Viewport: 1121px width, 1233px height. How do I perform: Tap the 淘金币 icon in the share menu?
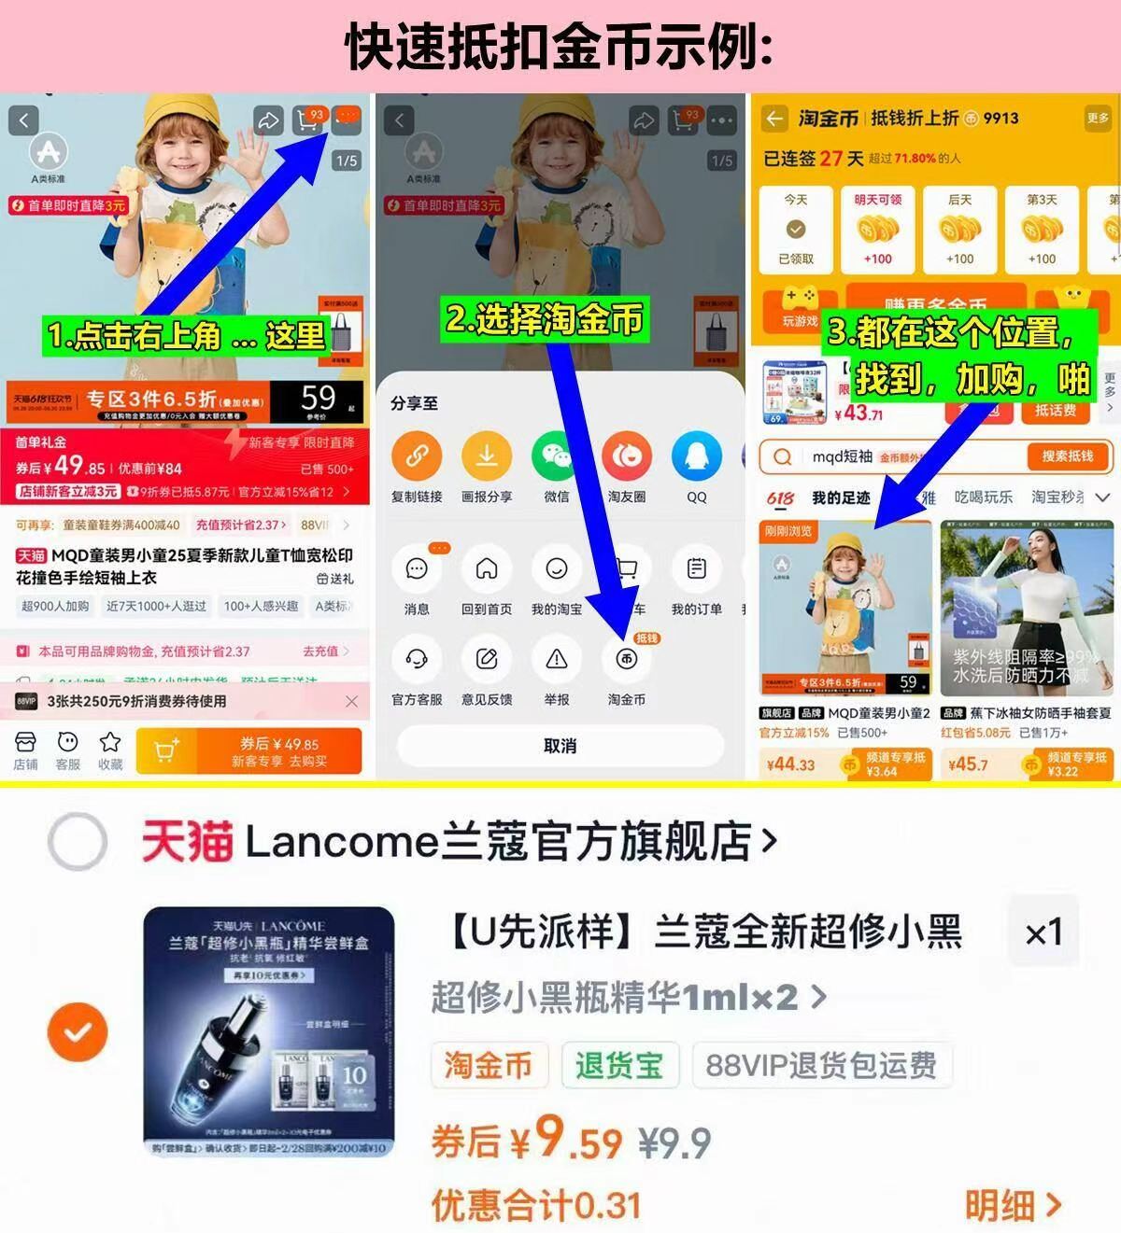[626, 660]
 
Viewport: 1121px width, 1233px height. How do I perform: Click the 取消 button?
[560, 746]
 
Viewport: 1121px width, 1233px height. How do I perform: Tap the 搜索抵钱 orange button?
[1067, 456]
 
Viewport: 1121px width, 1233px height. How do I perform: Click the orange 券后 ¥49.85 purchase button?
[249, 751]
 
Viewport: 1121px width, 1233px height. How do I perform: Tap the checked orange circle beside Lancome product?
[78, 1032]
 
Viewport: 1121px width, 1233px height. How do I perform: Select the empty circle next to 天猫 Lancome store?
[78, 842]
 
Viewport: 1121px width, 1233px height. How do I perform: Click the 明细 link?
[1013, 1205]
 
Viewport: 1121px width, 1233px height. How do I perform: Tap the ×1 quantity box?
[1043, 932]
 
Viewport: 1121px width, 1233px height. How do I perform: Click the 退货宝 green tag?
[618, 1065]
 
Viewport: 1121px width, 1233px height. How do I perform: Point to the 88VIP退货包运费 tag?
[821, 1065]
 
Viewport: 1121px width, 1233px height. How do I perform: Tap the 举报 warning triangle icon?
[557, 660]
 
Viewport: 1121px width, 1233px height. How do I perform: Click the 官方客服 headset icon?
[417, 660]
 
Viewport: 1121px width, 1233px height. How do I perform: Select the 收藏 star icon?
[110, 743]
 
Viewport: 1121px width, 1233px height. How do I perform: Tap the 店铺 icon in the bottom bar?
[25, 743]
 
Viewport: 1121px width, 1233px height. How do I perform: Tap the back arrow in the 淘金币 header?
[774, 119]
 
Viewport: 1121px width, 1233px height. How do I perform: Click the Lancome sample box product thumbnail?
[269, 1031]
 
